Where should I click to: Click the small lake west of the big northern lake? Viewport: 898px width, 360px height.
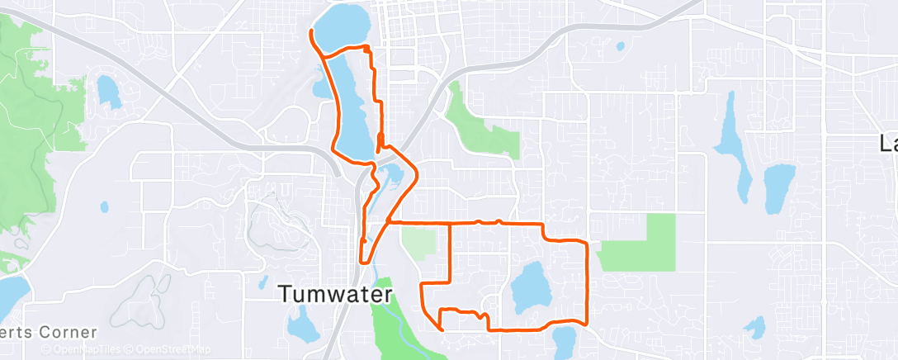coord(106,90)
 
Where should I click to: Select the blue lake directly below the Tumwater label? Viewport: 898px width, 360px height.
coord(305,324)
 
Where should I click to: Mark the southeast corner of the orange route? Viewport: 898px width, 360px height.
coord(586,324)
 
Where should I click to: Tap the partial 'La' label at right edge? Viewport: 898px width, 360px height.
coord(888,144)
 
